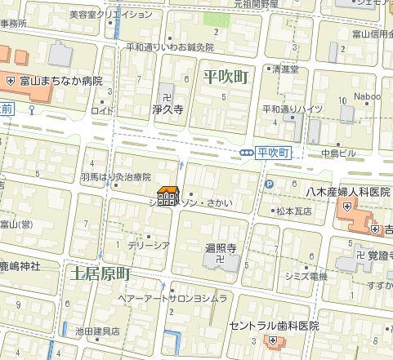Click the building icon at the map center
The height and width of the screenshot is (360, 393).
tap(168, 197)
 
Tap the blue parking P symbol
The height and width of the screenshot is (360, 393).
tap(269, 185)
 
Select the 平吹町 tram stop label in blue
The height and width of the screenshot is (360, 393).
tap(273, 153)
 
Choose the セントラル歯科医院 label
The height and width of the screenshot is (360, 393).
tap(273, 325)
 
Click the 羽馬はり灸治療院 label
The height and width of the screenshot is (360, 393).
tap(115, 176)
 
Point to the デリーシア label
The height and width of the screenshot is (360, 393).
tap(148, 244)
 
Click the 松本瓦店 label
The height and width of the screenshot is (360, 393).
tap(295, 211)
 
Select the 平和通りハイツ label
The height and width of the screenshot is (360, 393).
tap(293, 108)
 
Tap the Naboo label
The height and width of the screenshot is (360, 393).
tap(367, 96)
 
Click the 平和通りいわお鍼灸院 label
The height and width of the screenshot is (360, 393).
tap(170, 47)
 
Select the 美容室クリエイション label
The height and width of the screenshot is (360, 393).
tap(110, 14)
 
